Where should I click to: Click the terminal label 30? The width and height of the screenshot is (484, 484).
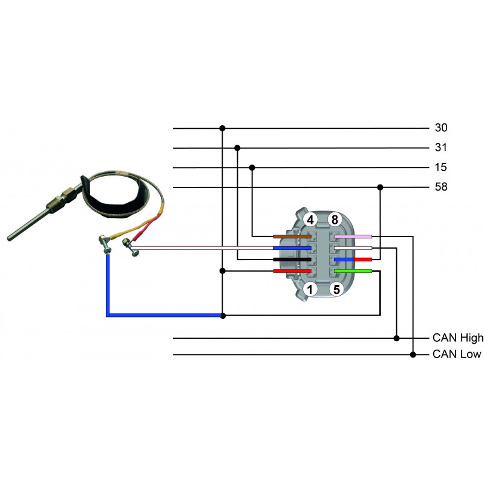point(441,128)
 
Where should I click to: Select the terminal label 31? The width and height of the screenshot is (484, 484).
point(441,148)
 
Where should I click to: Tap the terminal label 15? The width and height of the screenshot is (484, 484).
point(441,168)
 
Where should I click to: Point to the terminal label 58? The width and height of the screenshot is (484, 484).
point(441,187)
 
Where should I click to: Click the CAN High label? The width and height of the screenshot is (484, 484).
point(458,338)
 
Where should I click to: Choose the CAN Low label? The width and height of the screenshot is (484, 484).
point(457,354)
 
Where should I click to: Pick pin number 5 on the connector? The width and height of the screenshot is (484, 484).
point(336,289)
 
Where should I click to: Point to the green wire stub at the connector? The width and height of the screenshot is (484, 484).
point(353,271)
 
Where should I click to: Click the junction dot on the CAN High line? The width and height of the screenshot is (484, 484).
point(397,338)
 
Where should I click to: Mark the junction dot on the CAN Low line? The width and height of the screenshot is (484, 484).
point(413,354)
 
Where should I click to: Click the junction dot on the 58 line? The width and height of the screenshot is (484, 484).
point(380,187)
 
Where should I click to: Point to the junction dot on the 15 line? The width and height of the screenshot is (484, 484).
point(252,168)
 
